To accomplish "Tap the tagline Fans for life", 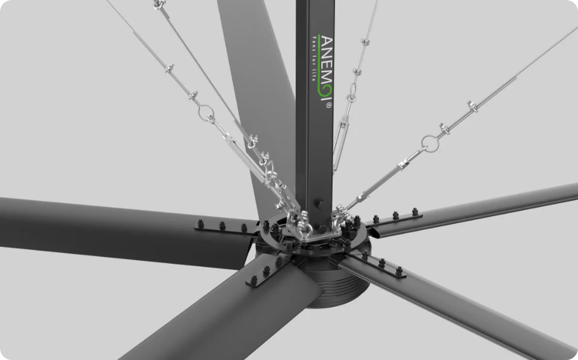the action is pos(314,58).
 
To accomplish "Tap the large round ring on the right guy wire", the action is pos(430,143).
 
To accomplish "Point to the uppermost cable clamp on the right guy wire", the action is pos(472,106).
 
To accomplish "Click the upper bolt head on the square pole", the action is pos(319,203).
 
